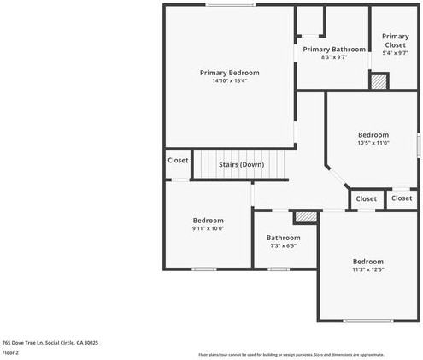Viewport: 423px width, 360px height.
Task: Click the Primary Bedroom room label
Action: click(229, 73)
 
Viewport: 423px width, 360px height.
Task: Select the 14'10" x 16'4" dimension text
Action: click(229, 81)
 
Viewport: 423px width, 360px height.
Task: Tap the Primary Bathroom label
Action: click(334, 50)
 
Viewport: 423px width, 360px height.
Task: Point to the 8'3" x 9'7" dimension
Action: click(334, 57)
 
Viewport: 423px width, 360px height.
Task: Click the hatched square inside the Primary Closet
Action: click(378, 81)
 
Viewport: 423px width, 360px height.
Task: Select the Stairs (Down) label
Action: click(241, 164)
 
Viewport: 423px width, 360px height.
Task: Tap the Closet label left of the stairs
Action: click(178, 160)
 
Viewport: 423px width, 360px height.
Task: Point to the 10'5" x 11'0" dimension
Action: click(373, 143)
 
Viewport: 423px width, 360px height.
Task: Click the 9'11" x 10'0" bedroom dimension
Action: click(208, 228)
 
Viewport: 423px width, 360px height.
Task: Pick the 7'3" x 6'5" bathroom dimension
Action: click(283, 245)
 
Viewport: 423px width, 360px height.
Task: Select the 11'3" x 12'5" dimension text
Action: click(368, 269)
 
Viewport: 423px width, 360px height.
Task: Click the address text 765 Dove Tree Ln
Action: click(50, 342)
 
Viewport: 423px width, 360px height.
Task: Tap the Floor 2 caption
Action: click(10, 352)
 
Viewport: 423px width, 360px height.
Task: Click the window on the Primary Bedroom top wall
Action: click(230, 5)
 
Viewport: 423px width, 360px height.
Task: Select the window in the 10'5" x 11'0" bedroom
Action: click(418, 142)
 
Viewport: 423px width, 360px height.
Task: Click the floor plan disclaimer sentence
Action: click(291, 354)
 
